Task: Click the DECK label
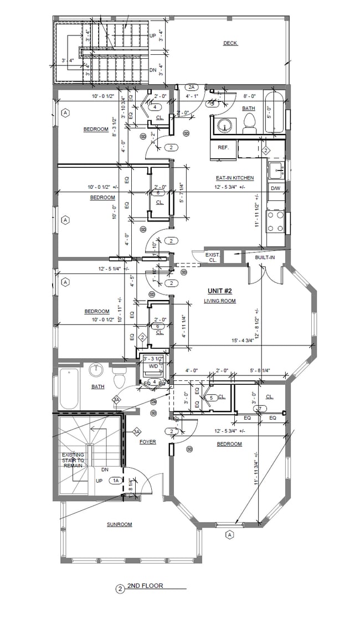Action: pyautogui.click(x=230, y=43)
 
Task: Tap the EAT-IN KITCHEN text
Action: pyautogui.click(x=235, y=178)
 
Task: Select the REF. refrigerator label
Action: pyautogui.click(x=223, y=147)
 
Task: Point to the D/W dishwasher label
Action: pyautogui.click(x=275, y=189)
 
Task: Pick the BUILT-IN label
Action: pyautogui.click(x=265, y=258)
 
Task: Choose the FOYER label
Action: pyautogui.click(x=147, y=442)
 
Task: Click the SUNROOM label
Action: pyautogui.click(x=119, y=524)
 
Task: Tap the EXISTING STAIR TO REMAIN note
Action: pyautogui.click(x=73, y=460)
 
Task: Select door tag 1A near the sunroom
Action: pyautogui.click(x=116, y=481)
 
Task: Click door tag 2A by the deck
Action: pyautogui.click(x=192, y=87)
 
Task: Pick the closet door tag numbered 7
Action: pyautogui.click(x=260, y=409)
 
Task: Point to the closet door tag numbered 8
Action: pyautogui.click(x=158, y=193)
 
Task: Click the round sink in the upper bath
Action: pyautogui.click(x=225, y=125)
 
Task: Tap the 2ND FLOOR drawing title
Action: pyautogui.click(x=145, y=586)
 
